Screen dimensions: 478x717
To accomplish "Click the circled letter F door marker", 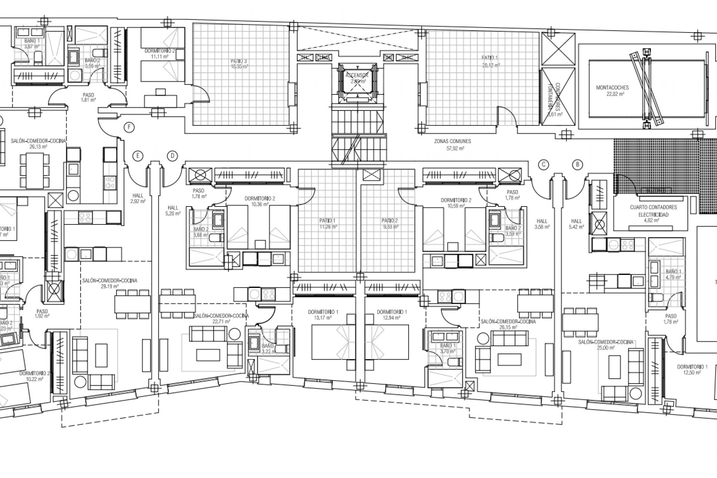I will tap(129, 127).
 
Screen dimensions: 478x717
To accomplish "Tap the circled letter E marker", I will tap(138, 156).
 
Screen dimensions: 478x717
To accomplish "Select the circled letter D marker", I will tap(172, 156).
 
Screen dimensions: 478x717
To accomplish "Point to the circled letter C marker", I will tap(544, 164).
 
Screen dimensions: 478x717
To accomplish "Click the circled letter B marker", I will tap(578, 164).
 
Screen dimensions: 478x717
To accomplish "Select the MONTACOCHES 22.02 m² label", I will tap(612, 91).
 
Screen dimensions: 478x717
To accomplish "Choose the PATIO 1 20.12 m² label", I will tap(490, 61).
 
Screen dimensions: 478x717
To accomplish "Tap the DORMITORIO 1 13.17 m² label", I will tap(323, 315).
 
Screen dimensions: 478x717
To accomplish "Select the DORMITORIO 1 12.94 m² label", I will tap(392, 315).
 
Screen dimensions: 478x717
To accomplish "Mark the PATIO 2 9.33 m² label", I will tap(389, 223).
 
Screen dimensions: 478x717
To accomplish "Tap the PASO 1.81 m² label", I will tap(89, 97).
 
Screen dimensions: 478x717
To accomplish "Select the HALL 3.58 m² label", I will tap(542, 224).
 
